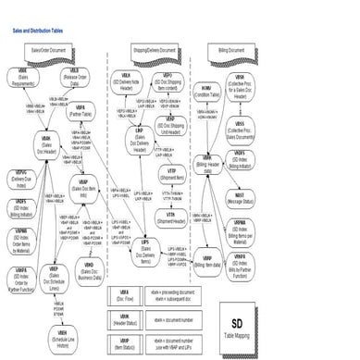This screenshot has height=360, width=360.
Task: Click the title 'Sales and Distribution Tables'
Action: [39, 31]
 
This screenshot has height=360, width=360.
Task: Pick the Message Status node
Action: [265, 198]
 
